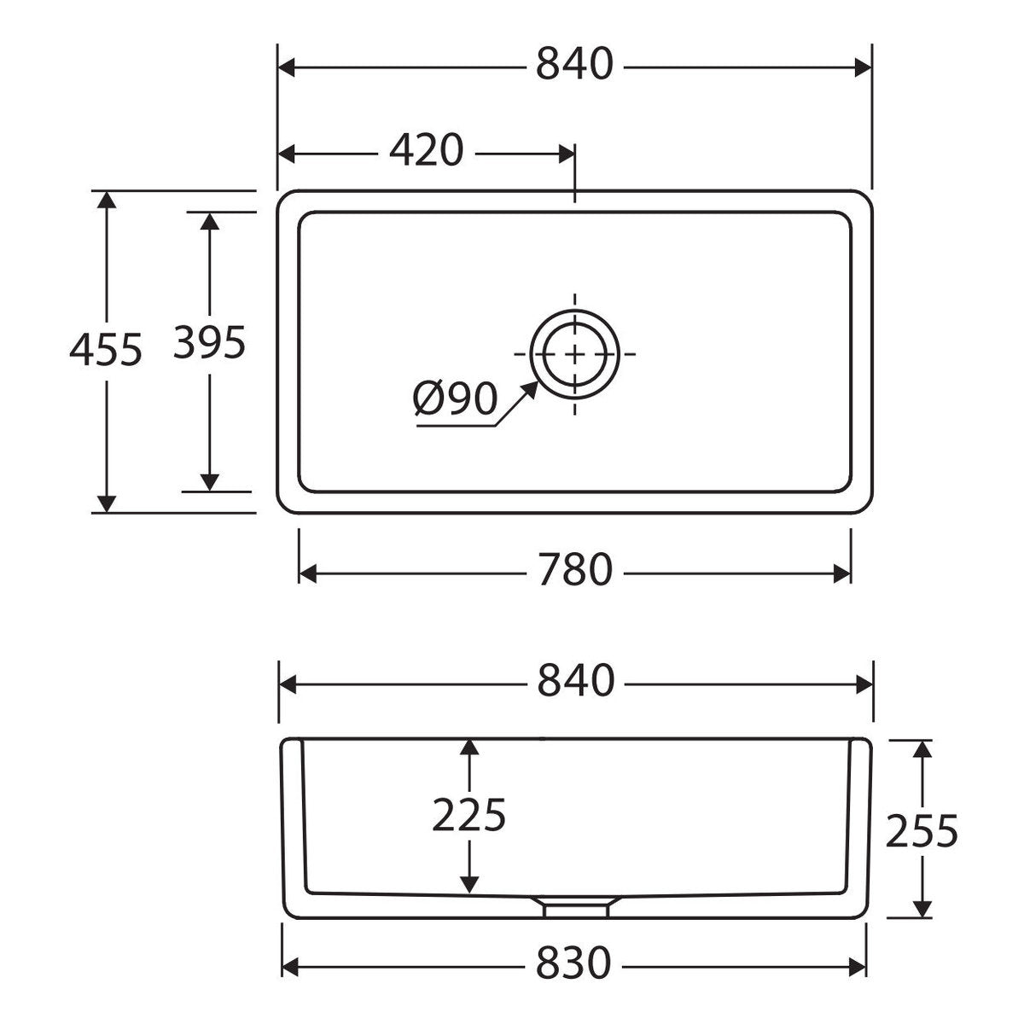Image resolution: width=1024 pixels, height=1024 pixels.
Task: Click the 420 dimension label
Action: pos(426,150)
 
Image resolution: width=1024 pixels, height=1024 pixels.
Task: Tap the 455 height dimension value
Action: pos(107,350)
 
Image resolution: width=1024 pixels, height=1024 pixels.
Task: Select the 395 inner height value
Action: pos(209,342)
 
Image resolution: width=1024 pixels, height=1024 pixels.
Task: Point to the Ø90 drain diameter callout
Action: pos(456,399)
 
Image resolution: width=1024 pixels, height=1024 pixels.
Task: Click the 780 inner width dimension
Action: pos(575,570)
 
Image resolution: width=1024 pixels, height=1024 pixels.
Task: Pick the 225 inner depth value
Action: pos(468,816)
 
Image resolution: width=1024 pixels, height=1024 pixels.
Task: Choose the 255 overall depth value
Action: pos(922,830)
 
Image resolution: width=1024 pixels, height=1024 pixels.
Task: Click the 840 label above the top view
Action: pos(574,64)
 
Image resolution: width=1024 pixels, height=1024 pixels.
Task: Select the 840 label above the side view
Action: pos(576,680)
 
